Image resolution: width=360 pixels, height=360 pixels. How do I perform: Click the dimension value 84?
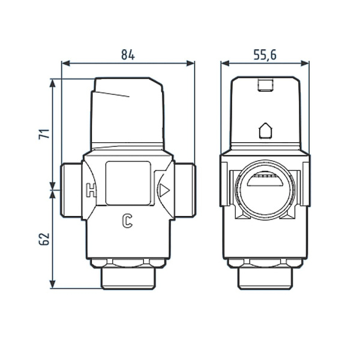pyautogui.click(x=128, y=55)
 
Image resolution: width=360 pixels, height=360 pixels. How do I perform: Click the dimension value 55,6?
pyautogui.click(x=265, y=55)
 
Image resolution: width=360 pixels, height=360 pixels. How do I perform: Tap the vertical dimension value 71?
pyautogui.click(x=44, y=134)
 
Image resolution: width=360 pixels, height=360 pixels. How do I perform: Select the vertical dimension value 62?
pyautogui.click(x=44, y=239)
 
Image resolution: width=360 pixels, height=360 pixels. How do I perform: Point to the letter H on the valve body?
pyautogui.click(x=91, y=190)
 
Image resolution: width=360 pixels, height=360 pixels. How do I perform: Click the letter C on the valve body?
pyautogui.click(x=127, y=221)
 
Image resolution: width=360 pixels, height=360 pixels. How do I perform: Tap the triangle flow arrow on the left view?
pyautogui.click(x=164, y=190)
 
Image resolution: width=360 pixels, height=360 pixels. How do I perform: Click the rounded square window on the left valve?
pyautogui.click(x=128, y=183)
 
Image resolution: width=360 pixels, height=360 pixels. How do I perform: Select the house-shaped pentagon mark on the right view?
pyautogui.click(x=266, y=131)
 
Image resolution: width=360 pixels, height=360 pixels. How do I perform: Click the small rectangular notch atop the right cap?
pyautogui.click(x=266, y=85)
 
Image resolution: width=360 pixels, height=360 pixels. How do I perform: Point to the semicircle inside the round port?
pyautogui.click(x=265, y=181)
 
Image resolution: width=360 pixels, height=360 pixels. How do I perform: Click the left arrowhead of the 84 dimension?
pyautogui.click(x=66, y=64)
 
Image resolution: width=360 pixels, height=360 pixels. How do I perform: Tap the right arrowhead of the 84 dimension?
pyautogui.click(x=190, y=64)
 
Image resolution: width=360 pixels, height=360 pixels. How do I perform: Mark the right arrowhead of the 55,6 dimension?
pyautogui.click(x=305, y=64)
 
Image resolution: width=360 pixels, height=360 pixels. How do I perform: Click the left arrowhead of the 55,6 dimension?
pyautogui.click(x=225, y=64)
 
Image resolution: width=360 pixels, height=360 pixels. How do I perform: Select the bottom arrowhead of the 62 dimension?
pyautogui.click(x=53, y=284)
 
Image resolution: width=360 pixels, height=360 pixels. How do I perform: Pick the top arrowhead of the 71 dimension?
pyautogui.click(x=53, y=83)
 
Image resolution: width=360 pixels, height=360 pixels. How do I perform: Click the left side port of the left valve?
pyautogui.click(x=71, y=190)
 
